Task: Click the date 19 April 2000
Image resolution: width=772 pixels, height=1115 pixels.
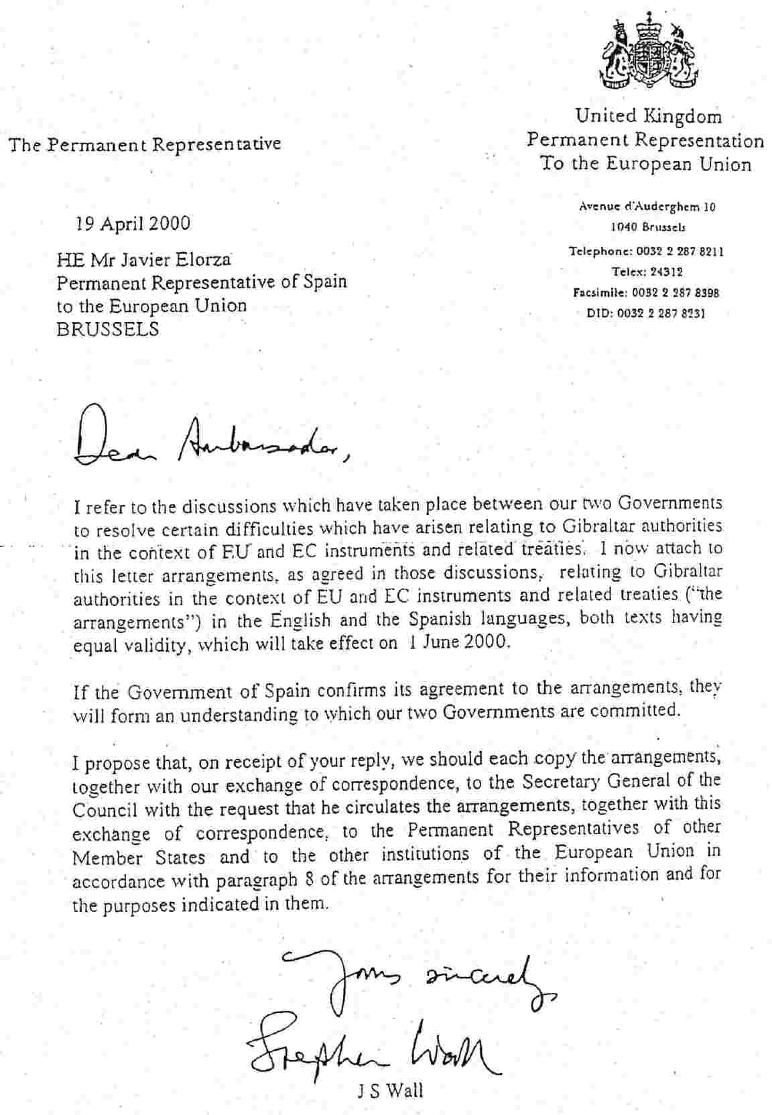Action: click(x=133, y=223)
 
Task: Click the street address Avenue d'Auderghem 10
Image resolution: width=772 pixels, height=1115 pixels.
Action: click(x=647, y=207)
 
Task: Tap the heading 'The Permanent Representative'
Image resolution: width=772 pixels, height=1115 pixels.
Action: click(x=144, y=144)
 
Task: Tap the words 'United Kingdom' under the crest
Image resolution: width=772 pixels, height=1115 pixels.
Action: click(x=649, y=117)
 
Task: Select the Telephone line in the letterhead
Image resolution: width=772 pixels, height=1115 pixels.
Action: click(x=646, y=252)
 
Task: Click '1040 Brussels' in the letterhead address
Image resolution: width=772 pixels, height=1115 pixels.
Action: click(x=647, y=227)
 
